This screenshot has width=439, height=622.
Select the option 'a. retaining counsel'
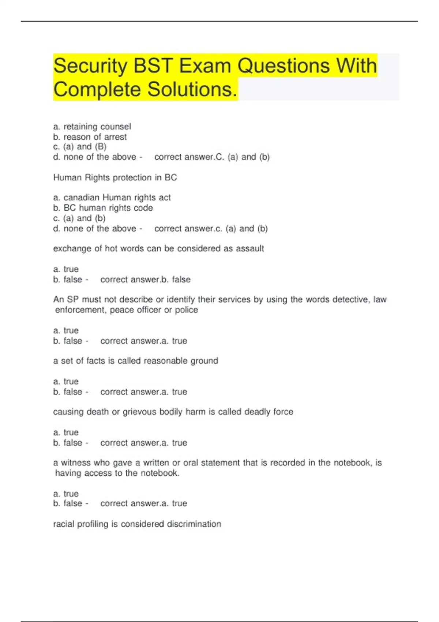point(92,127)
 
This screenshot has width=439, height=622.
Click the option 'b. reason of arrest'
point(90,137)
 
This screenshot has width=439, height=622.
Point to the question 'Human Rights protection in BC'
point(115,177)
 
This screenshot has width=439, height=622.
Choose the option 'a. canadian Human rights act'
point(112,198)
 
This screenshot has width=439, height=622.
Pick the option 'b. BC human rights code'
point(103,208)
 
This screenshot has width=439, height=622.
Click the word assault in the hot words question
point(250,248)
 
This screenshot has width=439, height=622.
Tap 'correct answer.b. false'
point(145,280)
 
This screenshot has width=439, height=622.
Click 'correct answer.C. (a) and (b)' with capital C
point(212,157)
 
